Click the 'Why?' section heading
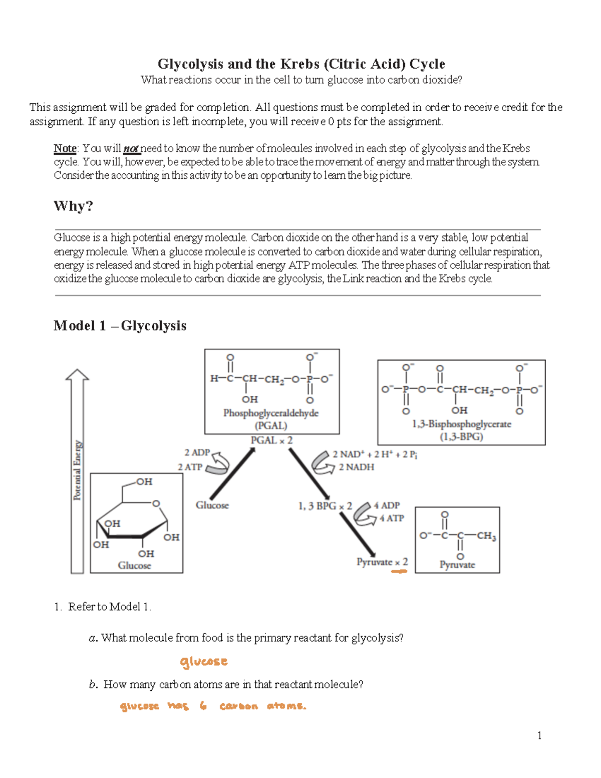tap(73, 206)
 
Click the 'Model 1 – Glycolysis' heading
tap(120, 326)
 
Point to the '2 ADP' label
tap(197, 452)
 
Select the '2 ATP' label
tap(190, 467)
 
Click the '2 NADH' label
tap(356, 467)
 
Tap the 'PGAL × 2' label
tap(271, 440)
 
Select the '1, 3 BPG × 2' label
tap(325, 506)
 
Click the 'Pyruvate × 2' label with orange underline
tap(382, 562)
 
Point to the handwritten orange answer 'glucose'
tap(204, 662)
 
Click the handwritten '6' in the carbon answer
tap(203, 706)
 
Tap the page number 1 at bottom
tap(539, 735)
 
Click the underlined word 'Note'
tap(65, 148)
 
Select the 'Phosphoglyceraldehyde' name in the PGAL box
tap(270, 413)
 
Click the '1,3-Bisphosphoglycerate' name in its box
tap(461, 424)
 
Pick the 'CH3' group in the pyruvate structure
tap(486, 536)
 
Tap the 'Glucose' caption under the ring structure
tap(134, 565)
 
